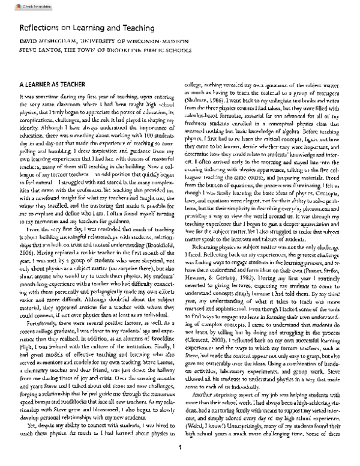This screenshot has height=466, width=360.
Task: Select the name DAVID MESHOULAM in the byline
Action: (x=49, y=43)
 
